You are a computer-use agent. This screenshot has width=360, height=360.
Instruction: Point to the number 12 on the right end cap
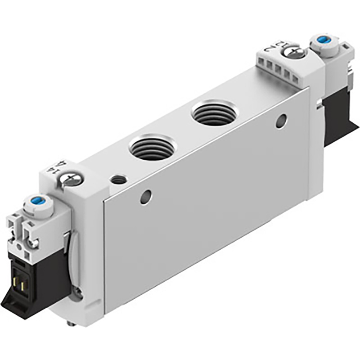click(275, 45)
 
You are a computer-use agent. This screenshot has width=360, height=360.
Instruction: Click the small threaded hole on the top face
click(118, 180)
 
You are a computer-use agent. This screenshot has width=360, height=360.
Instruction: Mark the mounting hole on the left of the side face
click(145, 196)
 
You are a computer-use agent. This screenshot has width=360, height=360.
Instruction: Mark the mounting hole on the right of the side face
click(282, 120)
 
